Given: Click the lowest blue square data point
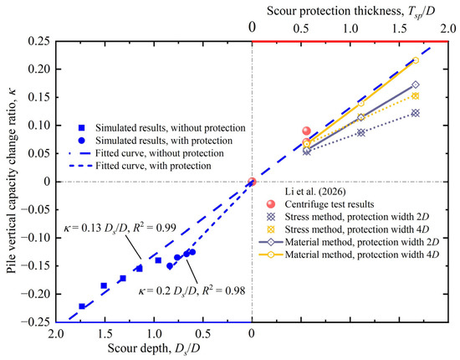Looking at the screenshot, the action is pos(82,306).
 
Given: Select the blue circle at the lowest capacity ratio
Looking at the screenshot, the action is pos(170,266).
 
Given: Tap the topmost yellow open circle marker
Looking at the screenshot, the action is pos(416,60).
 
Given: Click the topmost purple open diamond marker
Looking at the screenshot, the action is pos(416,85).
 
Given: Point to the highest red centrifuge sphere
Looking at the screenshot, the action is pos(306,131).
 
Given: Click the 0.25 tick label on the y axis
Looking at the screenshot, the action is pos(39,41).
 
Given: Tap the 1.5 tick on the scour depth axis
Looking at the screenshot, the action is pos(105,334).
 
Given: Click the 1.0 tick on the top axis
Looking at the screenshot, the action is pos(350,28).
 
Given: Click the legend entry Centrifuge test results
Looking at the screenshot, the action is pos(330,204).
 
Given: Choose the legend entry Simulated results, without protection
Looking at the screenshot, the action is pos(171,128).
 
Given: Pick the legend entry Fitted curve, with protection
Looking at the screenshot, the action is pos(153,166).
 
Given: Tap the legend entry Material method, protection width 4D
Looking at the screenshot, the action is pos(362,255).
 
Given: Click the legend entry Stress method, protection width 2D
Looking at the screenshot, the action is pos(357,217).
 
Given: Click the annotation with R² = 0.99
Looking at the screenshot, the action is pos(120,228).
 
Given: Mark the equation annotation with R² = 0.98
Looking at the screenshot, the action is pos(192,291).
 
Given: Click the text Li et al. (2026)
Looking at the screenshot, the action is pos(315,192).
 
